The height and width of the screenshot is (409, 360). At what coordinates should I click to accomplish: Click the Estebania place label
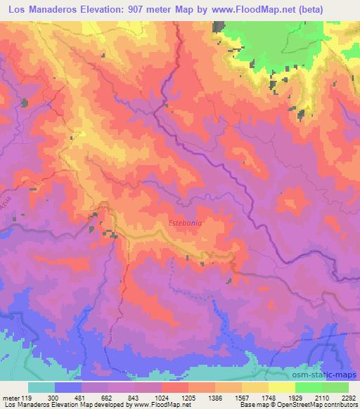(x=186, y=223)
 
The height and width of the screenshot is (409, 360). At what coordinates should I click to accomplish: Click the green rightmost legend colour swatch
(x=335, y=387)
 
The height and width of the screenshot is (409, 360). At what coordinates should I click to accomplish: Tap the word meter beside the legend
(x=10, y=398)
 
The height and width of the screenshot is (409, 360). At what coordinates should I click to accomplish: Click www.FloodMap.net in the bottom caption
(x=149, y=405)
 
